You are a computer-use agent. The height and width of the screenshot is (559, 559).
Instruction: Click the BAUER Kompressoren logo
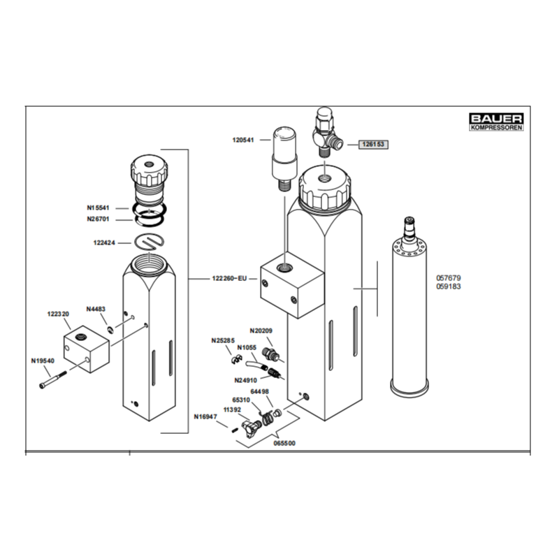(x=496, y=122)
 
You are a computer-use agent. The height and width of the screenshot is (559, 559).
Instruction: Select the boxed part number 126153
(x=373, y=145)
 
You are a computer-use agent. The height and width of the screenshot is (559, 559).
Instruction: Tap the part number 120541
(x=243, y=140)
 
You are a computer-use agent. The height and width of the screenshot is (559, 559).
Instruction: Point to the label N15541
(x=98, y=208)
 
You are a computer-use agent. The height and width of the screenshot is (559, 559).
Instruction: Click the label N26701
(x=98, y=219)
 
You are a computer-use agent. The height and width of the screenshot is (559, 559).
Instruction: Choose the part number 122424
(x=104, y=242)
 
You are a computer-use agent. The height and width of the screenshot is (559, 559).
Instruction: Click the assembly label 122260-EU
(x=229, y=278)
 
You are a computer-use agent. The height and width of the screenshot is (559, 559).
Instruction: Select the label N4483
(x=96, y=309)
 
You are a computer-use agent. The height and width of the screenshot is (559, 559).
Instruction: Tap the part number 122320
(x=58, y=314)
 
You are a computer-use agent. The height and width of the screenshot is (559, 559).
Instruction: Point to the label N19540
(x=43, y=361)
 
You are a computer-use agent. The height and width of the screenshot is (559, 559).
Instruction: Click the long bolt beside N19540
(x=53, y=380)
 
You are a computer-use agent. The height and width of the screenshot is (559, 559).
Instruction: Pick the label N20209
(x=261, y=331)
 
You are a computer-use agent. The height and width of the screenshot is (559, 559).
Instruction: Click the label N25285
(x=223, y=341)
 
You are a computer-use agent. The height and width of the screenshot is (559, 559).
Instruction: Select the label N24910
(x=246, y=380)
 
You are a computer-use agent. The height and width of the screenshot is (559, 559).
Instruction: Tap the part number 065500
(x=284, y=444)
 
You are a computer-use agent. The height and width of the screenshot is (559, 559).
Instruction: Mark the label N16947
(x=205, y=416)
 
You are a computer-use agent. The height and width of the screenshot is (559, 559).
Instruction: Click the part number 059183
(x=449, y=286)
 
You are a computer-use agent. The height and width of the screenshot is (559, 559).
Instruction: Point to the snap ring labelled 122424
(x=150, y=242)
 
